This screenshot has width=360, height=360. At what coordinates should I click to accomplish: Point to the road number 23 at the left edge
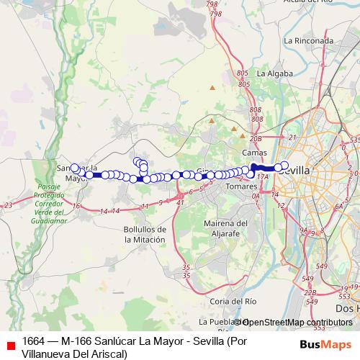point(8,206)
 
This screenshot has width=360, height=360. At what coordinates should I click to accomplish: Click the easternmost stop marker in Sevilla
point(284,166)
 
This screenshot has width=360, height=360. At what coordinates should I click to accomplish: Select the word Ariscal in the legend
point(107,353)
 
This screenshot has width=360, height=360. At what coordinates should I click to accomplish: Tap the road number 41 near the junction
point(179,203)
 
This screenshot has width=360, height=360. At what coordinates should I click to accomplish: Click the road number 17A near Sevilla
point(262,176)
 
